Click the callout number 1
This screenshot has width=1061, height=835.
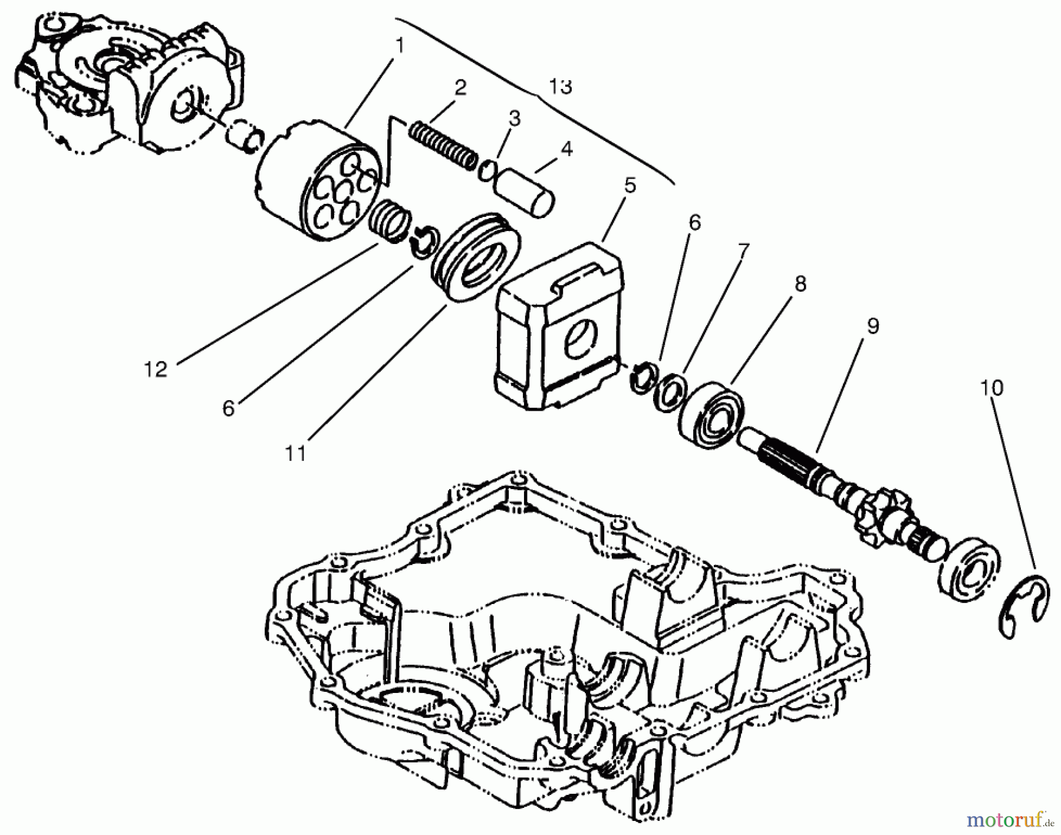click(x=400, y=45)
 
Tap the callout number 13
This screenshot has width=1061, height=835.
click(x=560, y=87)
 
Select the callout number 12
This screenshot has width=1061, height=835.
click(x=156, y=369)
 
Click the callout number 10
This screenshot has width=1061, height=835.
click(x=991, y=388)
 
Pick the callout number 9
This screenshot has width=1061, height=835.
click(x=872, y=326)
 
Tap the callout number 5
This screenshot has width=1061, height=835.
click(x=630, y=186)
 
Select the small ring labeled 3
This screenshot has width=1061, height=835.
click(x=487, y=170)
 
